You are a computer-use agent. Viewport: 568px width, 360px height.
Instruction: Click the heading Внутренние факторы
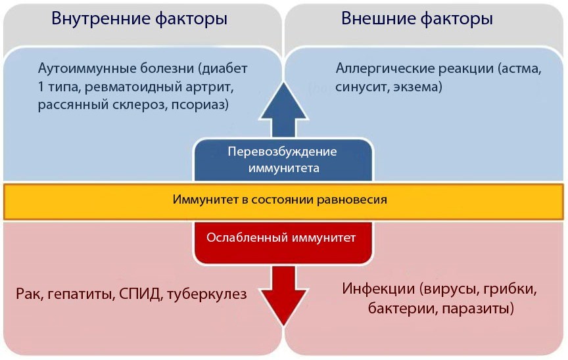point(139,19)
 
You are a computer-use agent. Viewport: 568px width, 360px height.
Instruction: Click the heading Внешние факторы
point(417,19)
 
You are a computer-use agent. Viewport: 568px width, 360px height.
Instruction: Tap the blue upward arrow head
point(283,102)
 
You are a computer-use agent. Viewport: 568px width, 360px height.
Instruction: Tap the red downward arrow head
point(283,304)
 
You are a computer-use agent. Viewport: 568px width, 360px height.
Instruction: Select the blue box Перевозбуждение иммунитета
point(283,160)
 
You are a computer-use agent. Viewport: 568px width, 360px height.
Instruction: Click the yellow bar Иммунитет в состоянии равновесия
point(283,199)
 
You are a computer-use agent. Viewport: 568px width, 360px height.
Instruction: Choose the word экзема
point(420,86)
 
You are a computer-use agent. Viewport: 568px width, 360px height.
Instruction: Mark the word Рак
point(28,294)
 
